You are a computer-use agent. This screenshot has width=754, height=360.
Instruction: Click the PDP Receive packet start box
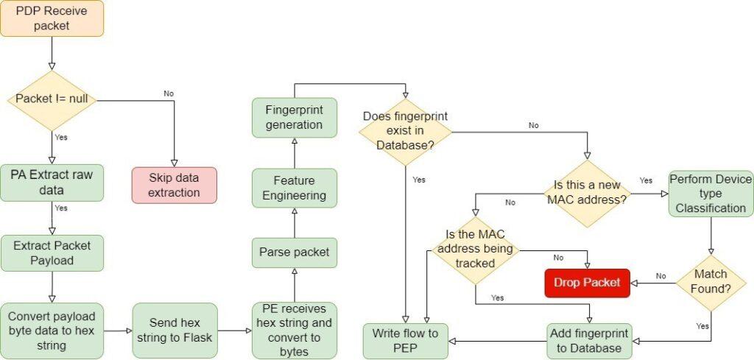point(52,18)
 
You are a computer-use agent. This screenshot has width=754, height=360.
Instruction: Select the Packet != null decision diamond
point(52,101)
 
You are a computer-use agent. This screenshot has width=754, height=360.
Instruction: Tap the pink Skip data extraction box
point(175,185)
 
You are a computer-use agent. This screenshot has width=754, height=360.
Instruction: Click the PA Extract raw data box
point(52,182)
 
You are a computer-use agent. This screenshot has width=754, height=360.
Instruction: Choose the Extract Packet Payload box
point(52,253)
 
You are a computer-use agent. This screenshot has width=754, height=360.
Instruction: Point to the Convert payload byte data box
point(52,331)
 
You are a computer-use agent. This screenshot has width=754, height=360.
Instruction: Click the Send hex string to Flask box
point(175,331)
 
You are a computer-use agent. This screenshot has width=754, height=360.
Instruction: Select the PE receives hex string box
point(294,331)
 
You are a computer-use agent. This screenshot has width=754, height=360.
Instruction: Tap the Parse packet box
point(294,253)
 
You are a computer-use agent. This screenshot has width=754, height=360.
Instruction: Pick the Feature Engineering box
point(294,188)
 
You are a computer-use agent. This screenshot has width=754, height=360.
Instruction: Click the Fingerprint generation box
point(294,117)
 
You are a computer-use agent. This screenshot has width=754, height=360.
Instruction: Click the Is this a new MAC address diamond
point(586,194)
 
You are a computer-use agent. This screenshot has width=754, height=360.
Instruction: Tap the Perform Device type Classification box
point(711,194)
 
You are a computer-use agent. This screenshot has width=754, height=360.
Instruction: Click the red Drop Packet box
point(587,283)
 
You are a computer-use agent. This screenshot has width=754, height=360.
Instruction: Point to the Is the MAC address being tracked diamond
point(475,250)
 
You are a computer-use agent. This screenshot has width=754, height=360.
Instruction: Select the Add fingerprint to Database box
point(589,341)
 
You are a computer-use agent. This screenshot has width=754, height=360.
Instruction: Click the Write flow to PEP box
point(406,341)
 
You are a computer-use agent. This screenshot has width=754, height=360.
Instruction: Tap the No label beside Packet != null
point(168,93)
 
